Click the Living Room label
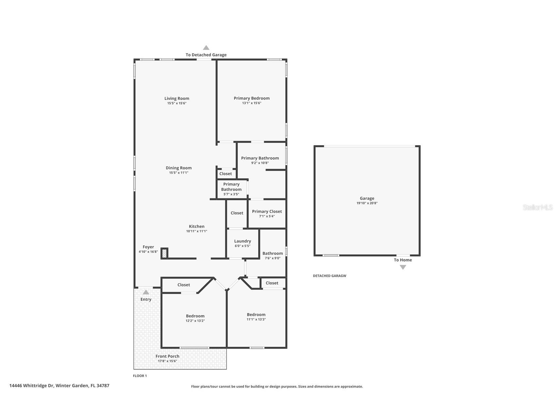coord(177,98)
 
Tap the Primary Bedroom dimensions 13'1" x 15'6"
coord(251,103)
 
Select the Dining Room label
coord(179,168)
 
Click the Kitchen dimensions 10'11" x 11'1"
coord(197,231)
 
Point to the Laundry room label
coord(242,241)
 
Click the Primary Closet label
coord(267,211)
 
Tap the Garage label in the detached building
coord(367,198)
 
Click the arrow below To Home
coord(403,267)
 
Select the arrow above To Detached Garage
coord(206,48)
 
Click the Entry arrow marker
coord(146,292)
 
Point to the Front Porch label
coord(167,356)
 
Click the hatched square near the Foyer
coord(165,253)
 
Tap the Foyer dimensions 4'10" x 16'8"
coord(148,252)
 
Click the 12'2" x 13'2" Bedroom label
coord(195,316)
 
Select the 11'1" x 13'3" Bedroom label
coord(256,315)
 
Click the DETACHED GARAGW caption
coord(329,276)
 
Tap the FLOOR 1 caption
coord(140,376)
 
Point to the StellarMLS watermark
coord(537,207)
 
